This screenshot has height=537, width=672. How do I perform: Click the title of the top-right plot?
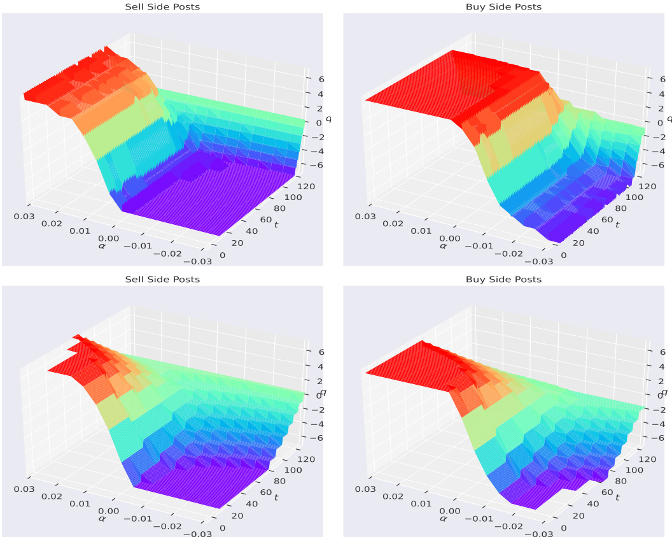pyautogui.click(x=503, y=7)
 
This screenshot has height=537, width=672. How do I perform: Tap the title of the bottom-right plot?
pyautogui.click(x=503, y=280)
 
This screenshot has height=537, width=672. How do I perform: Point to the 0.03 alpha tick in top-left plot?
pyautogui.click(x=25, y=215)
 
